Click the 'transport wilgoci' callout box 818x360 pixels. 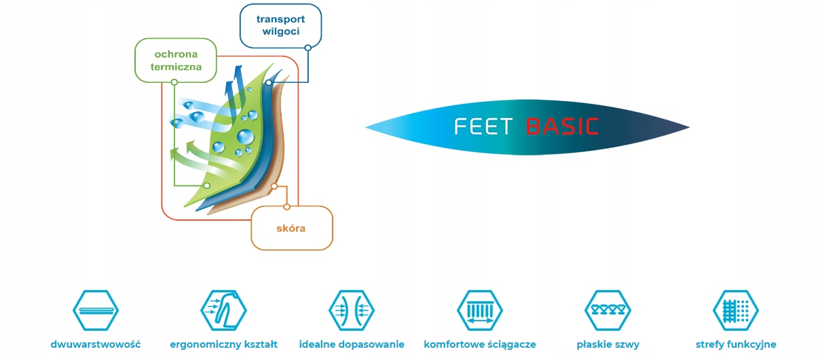point(280,26)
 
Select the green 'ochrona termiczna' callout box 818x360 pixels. point(176,60)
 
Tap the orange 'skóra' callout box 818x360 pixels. point(292,228)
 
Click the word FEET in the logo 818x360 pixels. point(483,127)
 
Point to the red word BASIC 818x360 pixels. point(562,127)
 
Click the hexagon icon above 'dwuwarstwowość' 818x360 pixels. point(96,310)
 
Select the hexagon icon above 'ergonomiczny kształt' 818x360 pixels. point(223,310)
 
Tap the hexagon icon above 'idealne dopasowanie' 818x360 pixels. point(352,310)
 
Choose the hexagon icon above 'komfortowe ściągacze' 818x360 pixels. point(480,310)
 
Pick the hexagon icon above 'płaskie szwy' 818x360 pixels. point(608,310)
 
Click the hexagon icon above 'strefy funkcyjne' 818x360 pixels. point(736,310)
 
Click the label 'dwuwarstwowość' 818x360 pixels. point(96,344)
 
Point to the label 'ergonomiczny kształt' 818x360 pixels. point(223,344)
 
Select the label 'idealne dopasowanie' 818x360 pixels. point(352,344)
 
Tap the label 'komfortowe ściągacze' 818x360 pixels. point(480,344)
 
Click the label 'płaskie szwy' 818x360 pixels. point(608,344)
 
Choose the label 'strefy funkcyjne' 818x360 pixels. point(736,344)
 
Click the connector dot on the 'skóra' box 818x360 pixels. point(286,207)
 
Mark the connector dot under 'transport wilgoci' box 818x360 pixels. point(308,48)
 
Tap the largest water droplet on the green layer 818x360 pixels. point(245,137)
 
